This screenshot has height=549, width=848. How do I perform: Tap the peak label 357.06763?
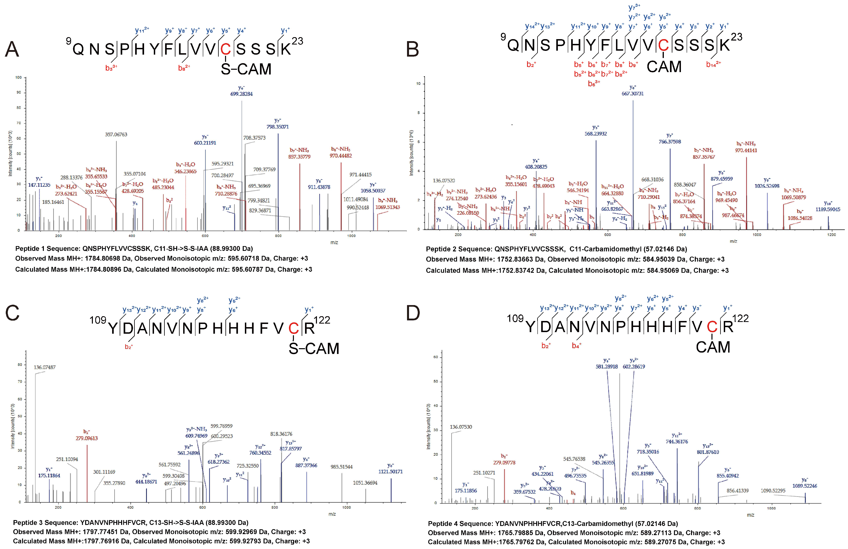click(116, 134)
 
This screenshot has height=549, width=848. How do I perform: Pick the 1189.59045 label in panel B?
click(828, 209)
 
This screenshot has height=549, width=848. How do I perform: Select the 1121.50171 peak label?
click(390, 471)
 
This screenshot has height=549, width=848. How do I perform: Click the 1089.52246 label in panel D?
click(805, 486)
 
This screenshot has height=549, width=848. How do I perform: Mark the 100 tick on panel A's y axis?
click(18, 77)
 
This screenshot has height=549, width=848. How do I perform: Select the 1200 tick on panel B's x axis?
click(831, 235)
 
